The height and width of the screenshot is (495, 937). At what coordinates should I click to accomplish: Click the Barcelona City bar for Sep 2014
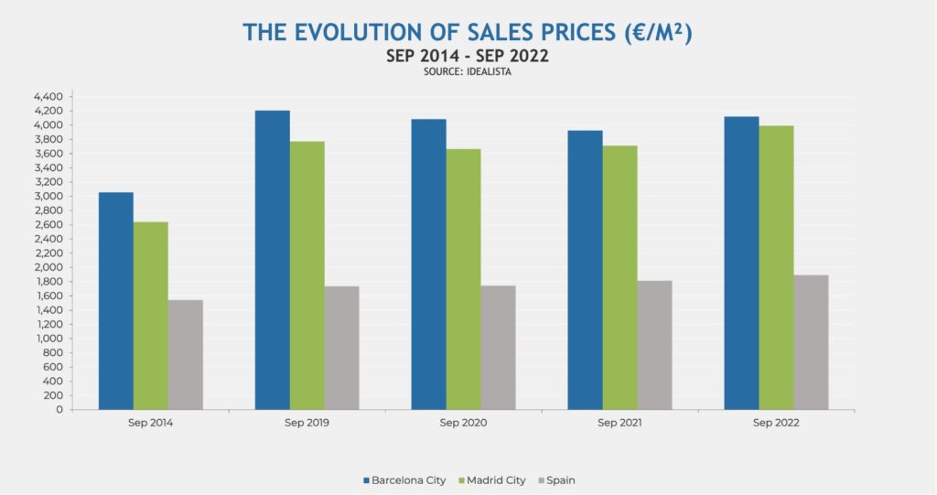click(115, 301)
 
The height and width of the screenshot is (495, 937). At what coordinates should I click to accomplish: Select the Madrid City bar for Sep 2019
click(307, 275)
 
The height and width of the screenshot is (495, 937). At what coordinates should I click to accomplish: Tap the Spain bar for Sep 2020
click(499, 348)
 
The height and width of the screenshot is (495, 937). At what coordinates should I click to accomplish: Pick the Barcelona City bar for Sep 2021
click(585, 270)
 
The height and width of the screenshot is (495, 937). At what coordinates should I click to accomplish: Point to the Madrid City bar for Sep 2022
click(776, 267)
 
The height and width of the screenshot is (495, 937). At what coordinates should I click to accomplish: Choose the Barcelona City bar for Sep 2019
click(272, 260)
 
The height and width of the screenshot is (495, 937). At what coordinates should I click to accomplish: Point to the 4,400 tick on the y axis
click(47, 97)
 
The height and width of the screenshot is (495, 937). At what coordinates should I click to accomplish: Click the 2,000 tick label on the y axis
click(47, 267)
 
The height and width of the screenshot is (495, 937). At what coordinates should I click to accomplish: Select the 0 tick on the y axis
click(58, 410)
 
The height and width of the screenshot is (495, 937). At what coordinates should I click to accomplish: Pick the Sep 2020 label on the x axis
click(463, 424)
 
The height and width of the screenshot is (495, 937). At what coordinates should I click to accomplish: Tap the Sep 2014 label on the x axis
click(150, 424)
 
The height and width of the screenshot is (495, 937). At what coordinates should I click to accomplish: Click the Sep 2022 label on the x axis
click(776, 424)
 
